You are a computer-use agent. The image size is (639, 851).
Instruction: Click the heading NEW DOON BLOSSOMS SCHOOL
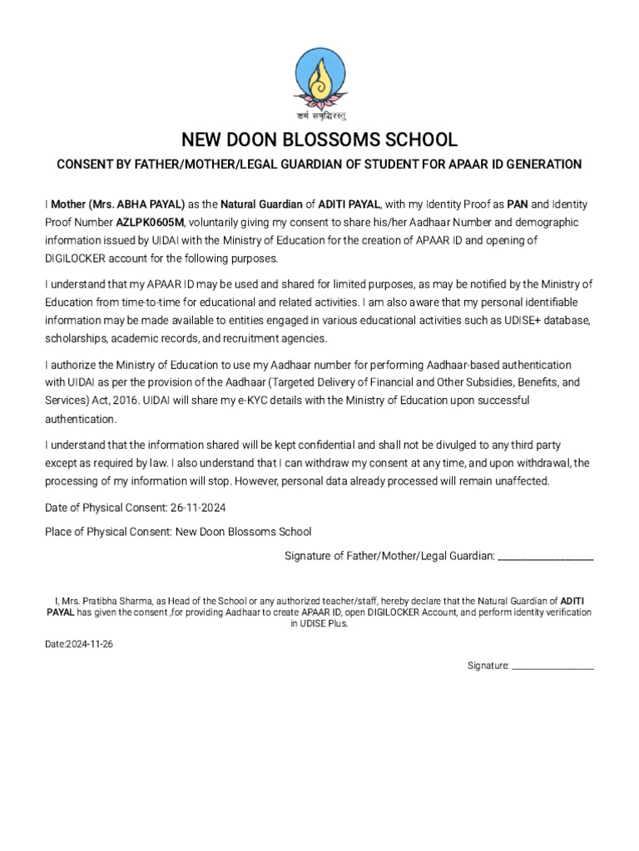[x=319, y=139]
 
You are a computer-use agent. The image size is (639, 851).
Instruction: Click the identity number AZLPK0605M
[x=149, y=223]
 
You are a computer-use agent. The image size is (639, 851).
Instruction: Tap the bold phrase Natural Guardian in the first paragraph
[x=261, y=204]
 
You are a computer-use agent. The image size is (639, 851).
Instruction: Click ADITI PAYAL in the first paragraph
[x=349, y=204]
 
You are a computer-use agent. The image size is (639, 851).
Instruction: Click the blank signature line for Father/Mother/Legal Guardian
[x=545, y=557]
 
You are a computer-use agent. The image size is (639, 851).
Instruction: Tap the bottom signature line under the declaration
[x=552, y=667]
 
